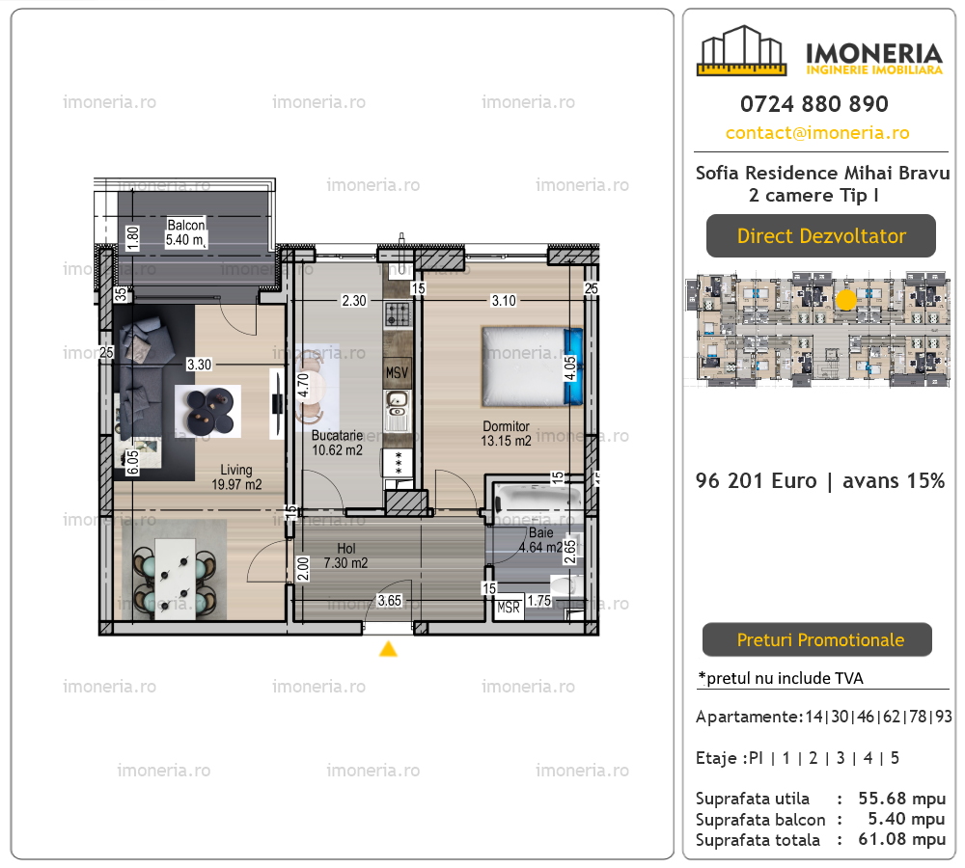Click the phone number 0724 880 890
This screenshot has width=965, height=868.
coord(814,104)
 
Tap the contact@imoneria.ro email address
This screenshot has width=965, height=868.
coord(817,133)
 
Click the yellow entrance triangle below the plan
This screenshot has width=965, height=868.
coord(388,648)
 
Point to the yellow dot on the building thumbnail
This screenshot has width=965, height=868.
coord(846,300)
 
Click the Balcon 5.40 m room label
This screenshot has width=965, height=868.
coord(186,232)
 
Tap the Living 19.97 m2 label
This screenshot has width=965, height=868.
coord(236,476)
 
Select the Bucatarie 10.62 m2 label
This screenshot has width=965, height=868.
coord(337,443)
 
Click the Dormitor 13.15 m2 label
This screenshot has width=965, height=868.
coord(506,433)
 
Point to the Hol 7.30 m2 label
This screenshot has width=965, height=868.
coord(345,556)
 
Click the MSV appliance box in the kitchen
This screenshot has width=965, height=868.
coord(397,373)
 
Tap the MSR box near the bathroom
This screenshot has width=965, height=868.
coord(509,608)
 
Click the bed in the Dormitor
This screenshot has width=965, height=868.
coord(533,366)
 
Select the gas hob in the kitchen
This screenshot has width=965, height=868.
coord(398,314)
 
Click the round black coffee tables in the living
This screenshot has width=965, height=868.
coord(208,411)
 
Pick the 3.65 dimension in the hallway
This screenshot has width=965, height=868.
coord(389,601)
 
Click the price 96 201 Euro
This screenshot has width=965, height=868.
coord(757,480)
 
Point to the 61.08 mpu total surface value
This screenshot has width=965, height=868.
coord(901,839)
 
